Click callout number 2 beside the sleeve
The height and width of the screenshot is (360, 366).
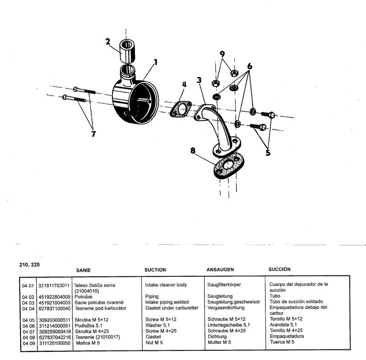click(108, 42)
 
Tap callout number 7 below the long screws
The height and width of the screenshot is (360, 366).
click(93, 134)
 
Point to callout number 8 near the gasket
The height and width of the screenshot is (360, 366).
click(193, 150)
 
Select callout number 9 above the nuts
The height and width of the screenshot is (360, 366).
click(222, 54)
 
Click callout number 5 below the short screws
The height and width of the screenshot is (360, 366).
click(268, 153)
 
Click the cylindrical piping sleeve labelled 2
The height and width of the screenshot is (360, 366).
click(128, 52)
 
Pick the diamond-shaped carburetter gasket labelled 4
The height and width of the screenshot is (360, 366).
click(180, 109)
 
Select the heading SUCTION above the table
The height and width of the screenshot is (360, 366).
click(155, 270)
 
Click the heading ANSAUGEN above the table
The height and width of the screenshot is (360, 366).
click(220, 269)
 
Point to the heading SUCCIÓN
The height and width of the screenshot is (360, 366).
click(280, 269)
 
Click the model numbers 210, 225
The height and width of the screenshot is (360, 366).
click(29, 265)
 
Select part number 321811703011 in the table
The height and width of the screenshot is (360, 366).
click(54, 285)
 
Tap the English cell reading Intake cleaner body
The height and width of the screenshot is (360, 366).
click(166, 285)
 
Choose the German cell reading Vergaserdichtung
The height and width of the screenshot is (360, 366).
click(226, 307)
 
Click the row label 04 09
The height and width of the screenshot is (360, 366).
click(29, 343)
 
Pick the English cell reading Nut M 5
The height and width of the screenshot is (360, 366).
click(154, 343)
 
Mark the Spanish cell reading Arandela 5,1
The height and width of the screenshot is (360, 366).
click(283, 324)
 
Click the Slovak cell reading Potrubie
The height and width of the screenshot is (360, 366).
click(83, 297)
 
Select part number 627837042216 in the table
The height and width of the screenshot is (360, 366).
click(54, 337)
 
